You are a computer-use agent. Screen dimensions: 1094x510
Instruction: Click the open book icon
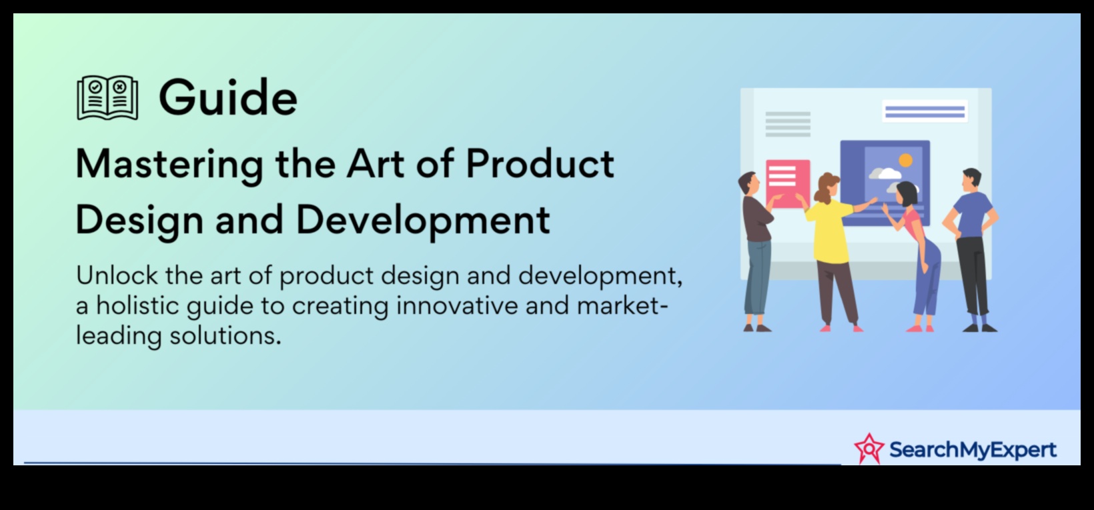pos(107,97)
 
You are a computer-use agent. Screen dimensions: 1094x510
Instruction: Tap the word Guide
pos(228,97)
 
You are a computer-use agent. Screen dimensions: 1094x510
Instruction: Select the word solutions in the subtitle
pos(225,336)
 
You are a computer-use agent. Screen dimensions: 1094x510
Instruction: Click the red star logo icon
pos(869,449)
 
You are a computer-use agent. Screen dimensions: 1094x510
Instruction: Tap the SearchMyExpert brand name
pos(973,449)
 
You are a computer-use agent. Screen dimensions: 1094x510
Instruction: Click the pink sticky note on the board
pos(788,184)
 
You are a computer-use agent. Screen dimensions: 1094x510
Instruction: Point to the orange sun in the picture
pos(905,161)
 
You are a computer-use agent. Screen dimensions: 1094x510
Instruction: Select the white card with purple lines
pos(925,111)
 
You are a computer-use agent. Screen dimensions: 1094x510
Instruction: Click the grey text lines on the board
pos(788,124)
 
